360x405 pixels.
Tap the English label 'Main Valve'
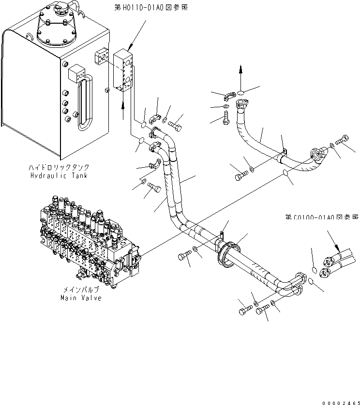pos(81,298)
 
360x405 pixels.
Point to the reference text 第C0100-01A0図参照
pos(321,217)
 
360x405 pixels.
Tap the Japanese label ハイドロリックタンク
pos(59,167)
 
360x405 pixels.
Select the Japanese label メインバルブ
pos(81,289)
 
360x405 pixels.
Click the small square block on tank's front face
pos(77,74)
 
